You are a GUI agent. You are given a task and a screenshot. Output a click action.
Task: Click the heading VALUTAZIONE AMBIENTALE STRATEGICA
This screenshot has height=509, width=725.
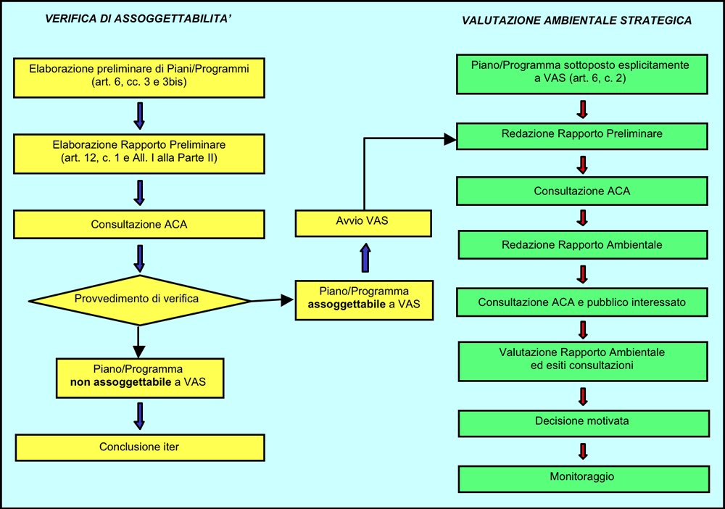(576, 21)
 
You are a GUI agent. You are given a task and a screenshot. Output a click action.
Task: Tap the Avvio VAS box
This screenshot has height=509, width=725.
(363, 222)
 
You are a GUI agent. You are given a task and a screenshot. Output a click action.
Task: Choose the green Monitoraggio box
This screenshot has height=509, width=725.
(582, 478)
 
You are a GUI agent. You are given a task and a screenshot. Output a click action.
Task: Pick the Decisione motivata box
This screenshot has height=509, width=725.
(582, 421)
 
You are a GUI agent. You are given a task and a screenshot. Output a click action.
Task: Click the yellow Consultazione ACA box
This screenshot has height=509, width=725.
(138, 225)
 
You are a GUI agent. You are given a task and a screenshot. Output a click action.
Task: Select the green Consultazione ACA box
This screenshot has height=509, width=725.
(582, 191)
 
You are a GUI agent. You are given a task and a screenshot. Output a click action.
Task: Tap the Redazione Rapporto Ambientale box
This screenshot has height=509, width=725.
(582, 245)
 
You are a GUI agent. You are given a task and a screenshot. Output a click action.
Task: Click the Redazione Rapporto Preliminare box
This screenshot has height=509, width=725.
(582, 135)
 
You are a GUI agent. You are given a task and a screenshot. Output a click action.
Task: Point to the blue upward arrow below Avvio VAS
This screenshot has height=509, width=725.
(365, 257)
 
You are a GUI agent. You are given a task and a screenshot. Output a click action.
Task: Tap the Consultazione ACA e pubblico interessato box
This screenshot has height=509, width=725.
(582, 302)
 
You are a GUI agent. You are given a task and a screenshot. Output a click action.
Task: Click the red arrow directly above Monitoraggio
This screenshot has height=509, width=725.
(582, 450)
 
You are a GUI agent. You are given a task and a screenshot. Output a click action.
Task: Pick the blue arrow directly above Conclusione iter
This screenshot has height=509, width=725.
(139, 415)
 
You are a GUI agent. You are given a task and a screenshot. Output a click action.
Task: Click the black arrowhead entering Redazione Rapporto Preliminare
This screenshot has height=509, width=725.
(450, 138)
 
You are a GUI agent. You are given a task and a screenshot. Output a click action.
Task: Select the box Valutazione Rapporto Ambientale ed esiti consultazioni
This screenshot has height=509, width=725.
(582, 360)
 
